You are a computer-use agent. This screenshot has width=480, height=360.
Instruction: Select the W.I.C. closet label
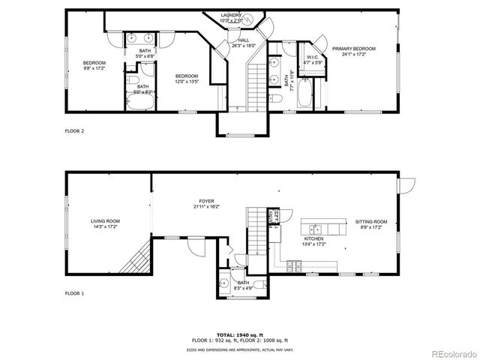313,59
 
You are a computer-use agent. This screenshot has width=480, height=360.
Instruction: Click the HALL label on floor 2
244,43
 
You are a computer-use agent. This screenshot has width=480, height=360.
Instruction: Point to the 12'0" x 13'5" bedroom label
187,79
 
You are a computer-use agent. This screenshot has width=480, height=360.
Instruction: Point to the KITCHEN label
313,241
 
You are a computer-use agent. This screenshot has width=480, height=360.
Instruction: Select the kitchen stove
293,265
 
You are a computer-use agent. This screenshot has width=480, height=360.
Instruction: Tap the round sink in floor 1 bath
224,283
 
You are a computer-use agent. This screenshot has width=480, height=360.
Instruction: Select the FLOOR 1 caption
73,293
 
